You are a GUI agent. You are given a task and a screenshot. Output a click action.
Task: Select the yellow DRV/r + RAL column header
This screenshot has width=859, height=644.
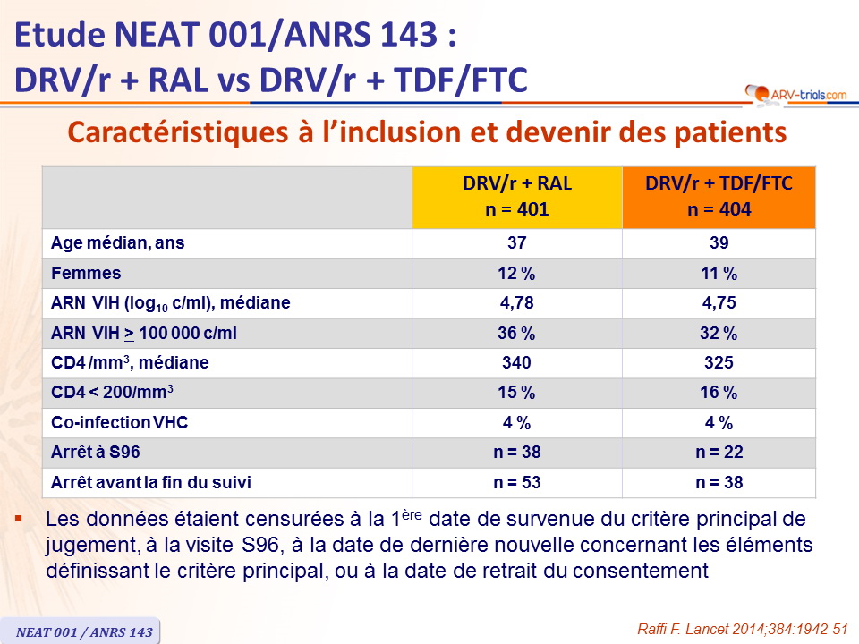pyautogui.click(x=517, y=197)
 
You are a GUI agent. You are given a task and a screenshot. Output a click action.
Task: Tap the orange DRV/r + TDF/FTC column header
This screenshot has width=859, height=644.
pyautogui.click(x=719, y=197)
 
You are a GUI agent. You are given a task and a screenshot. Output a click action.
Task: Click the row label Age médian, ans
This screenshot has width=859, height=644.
pyautogui.click(x=118, y=242)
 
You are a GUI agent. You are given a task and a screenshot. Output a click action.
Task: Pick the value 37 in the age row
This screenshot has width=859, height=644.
pyautogui.click(x=517, y=242)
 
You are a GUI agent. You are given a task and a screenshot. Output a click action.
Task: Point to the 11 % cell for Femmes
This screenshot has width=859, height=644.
pyautogui.click(x=719, y=273)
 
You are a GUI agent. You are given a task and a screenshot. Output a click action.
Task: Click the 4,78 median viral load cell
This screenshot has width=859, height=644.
pyautogui.click(x=517, y=303)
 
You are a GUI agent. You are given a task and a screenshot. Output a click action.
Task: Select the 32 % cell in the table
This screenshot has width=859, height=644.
pyautogui.click(x=719, y=334)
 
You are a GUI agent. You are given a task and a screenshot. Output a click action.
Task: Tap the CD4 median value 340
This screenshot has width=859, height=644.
pyautogui.click(x=517, y=363)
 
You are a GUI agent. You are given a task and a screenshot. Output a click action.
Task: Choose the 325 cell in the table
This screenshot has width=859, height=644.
pyautogui.click(x=719, y=363)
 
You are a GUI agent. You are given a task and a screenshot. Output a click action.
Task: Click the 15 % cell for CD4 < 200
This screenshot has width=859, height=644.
pyautogui.click(x=517, y=394)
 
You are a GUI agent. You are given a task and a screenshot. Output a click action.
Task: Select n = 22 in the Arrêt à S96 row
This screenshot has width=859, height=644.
pyautogui.click(x=719, y=453)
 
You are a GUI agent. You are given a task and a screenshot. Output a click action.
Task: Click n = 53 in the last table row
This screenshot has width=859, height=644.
pyautogui.click(x=517, y=483)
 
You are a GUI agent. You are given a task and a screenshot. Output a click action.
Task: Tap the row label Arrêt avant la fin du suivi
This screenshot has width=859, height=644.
pyautogui.click(x=150, y=483)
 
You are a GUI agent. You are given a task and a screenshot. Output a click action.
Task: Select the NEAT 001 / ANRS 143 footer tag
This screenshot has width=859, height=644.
pyautogui.click(x=84, y=631)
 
